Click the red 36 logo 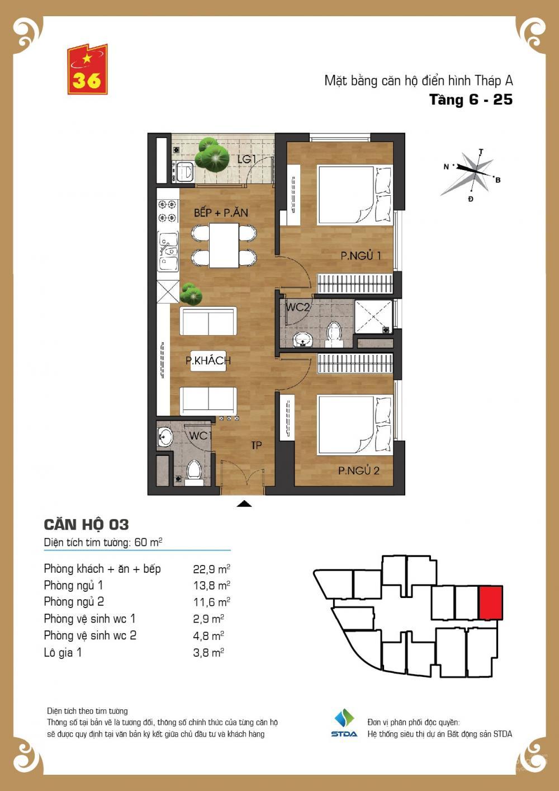pyautogui.click(x=88, y=69)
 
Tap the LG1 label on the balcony pyautogui.click(x=247, y=159)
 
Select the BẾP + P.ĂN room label pyautogui.click(x=221, y=213)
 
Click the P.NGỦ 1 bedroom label pyautogui.click(x=361, y=255)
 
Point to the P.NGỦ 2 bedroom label pyautogui.click(x=358, y=470)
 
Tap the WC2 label pyautogui.click(x=297, y=307)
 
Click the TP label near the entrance pyautogui.click(x=257, y=446)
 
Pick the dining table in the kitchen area pyautogui.click(x=224, y=246)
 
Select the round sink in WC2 pyautogui.click(x=302, y=340)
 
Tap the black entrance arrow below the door pyautogui.click(x=244, y=504)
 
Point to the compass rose pyautogui.click(x=471, y=173)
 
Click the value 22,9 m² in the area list pyautogui.click(x=211, y=569)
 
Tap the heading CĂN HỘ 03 pyautogui.click(x=87, y=525)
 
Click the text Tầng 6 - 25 pyautogui.click(x=471, y=100)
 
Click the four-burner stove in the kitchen pyautogui.click(x=167, y=211)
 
